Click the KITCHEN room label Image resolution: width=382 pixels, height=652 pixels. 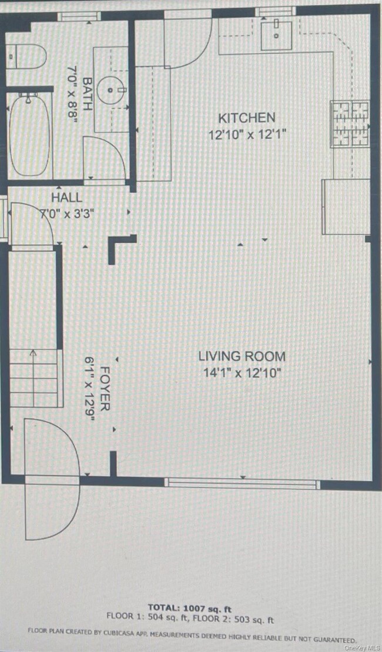(x=247, y=118)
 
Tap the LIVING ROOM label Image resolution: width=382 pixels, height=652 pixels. (x=242, y=356)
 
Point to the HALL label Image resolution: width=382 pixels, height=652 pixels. (x=66, y=198)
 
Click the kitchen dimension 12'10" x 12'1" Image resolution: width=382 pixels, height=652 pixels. (x=247, y=135)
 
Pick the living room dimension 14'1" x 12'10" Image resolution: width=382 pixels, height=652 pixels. (x=242, y=372)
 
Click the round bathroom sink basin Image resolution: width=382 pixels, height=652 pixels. (x=112, y=90)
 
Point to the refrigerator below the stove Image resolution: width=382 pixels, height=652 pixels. (x=346, y=206)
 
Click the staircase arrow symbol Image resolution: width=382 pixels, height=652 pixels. (x=33, y=355)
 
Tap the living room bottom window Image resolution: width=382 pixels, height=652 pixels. (x=242, y=483)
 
